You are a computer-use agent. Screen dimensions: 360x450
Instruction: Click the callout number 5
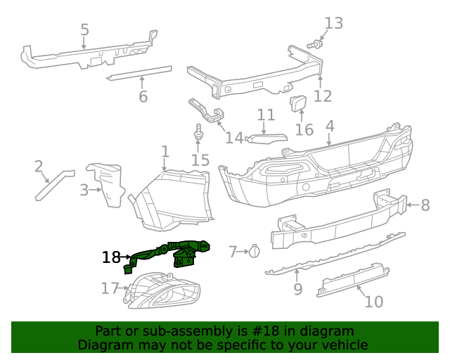84,30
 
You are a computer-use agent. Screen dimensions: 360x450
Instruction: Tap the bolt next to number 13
316,44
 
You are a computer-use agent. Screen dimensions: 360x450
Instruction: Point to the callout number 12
323,96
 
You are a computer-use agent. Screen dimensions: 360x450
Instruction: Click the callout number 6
143,96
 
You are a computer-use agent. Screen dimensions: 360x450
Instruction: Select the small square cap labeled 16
298,104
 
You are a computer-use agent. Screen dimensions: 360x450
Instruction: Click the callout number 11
266,115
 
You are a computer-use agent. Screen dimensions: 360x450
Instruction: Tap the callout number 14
234,138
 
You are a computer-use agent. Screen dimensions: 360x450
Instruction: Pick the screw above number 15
198,131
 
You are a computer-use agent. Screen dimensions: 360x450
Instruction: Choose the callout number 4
330,127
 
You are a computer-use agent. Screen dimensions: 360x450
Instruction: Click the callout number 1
165,152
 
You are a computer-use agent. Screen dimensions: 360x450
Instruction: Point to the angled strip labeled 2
53,184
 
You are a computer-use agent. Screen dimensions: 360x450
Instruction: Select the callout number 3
84,190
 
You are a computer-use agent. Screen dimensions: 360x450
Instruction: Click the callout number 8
425,205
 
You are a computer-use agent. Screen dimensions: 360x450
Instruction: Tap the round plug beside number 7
255,250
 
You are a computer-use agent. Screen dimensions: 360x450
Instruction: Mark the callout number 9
297,288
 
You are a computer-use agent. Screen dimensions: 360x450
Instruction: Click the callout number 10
374,302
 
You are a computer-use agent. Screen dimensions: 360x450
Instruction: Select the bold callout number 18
111,257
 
